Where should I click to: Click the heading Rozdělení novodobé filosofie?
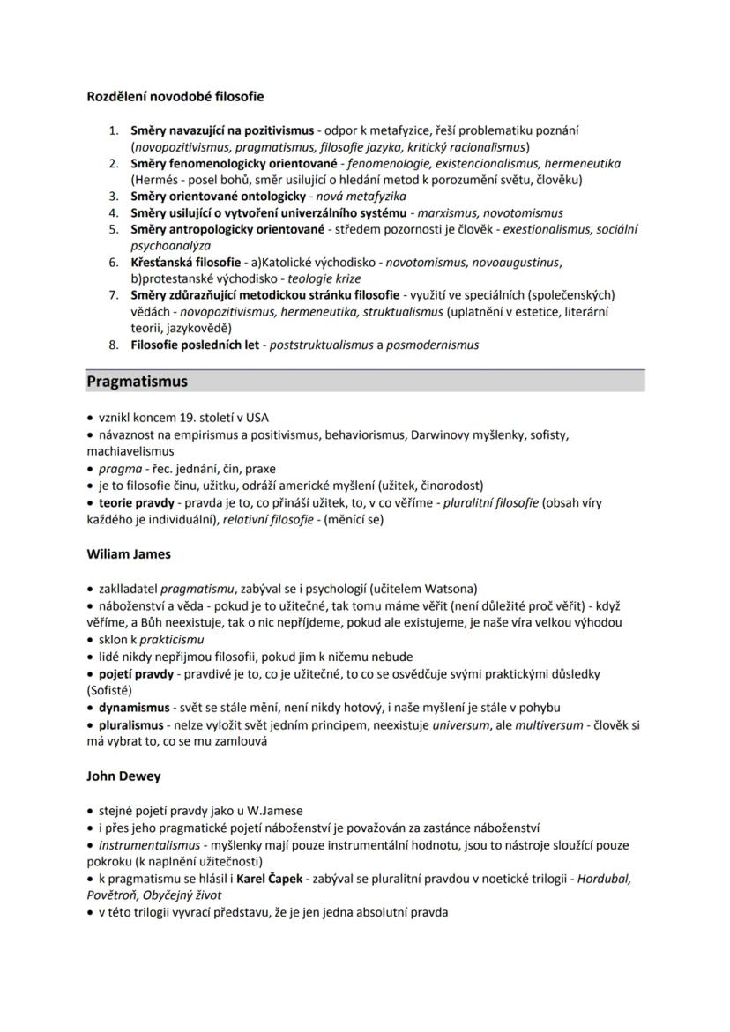[175, 96]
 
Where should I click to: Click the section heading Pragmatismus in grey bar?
[137, 382]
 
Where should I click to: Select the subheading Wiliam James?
[129, 554]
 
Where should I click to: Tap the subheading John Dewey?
[123, 776]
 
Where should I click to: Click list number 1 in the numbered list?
[114, 130]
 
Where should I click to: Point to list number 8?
[114, 345]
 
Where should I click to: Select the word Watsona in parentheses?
[450, 589]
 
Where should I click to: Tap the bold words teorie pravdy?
[131, 502]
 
